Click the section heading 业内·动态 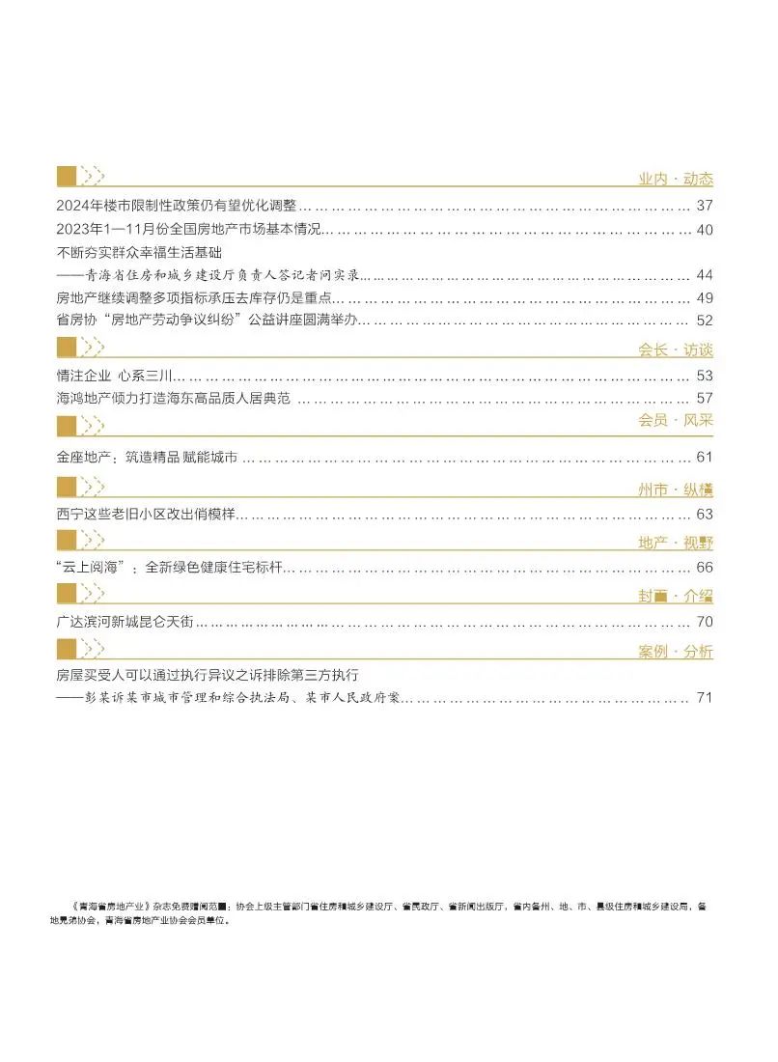pyautogui.click(x=675, y=179)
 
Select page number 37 pyautogui.click(x=704, y=206)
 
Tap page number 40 pyautogui.click(x=704, y=230)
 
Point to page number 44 pyautogui.click(x=704, y=275)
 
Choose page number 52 pyautogui.click(x=704, y=320)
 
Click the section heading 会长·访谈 pyautogui.click(x=675, y=349)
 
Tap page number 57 pyautogui.click(x=704, y=398)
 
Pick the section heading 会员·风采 pyautogui.click(x=675, y=421)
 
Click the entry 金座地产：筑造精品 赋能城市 pyautogui.click(x=147, y=458)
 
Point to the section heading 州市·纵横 pyautogui.click(x=675, y=490)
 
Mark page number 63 pyautogui.click(x=704, y=515)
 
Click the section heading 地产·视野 pyautogui.click(x=675, y=543)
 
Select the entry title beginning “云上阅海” pyautogui.click(x=169, y=568)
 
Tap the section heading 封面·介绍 pyautogui.click(x=675, y=596)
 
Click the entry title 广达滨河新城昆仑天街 pyautogui.click(x=126, y=622)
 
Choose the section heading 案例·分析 pyautogui.click(x=675, y=652)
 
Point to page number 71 pyautogui.click(x=704, y=697)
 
